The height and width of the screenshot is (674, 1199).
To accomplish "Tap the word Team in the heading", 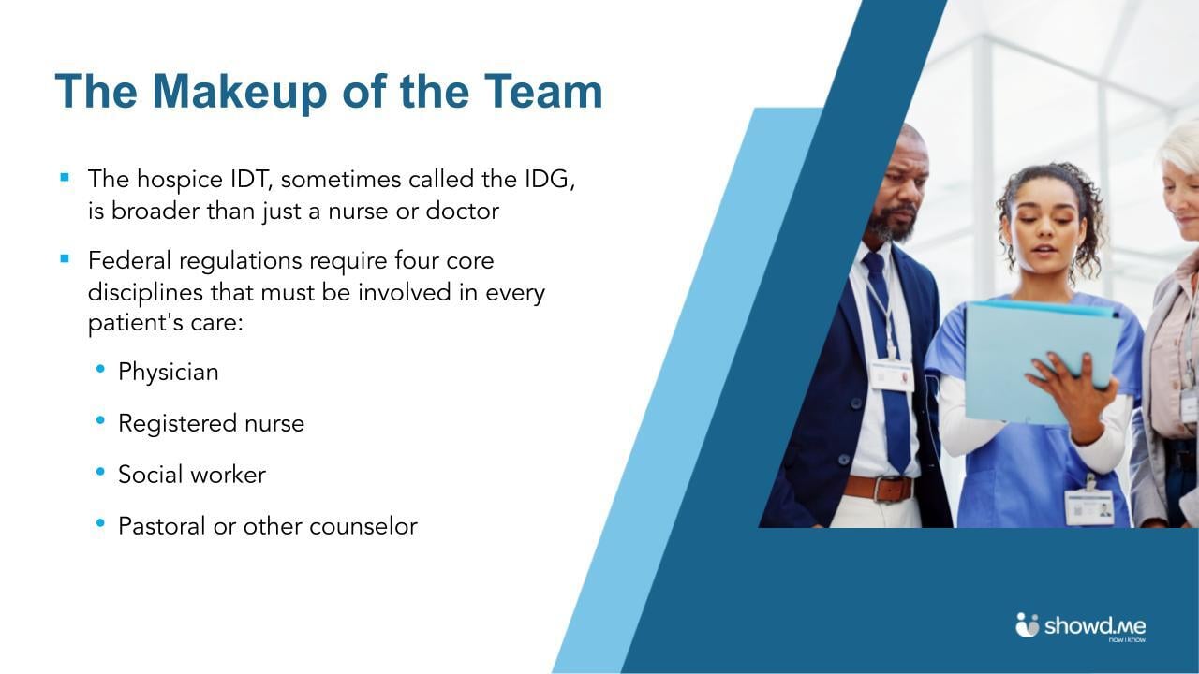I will pyautogui.click(x=543, y=92).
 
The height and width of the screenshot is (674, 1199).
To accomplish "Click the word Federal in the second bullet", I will pyautogui.click(x=130, y=259).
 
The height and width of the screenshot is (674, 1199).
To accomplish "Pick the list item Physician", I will pyautogui.click(x=169, y=372).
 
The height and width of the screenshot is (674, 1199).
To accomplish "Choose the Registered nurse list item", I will pyautogui.click(x=211, y=423).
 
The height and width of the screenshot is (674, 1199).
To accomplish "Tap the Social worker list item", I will pyautogui.click(x=192, y=475).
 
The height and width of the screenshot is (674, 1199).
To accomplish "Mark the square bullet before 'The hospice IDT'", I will pyautogui.click(x=65, y=176).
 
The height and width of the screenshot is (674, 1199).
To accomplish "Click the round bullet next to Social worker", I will pyautogui.click(x=100, y=472).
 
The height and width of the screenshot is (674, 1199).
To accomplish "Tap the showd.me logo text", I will pyautogui.click(x=1095, y=625).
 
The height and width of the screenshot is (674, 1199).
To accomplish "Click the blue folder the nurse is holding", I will pyautogui.click(x=1040, y=360).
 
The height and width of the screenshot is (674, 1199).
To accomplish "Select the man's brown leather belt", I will pyautogui.click(x=878, y=488).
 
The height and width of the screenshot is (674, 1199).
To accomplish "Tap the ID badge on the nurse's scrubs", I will pyautogui.click(x=1089, y=506).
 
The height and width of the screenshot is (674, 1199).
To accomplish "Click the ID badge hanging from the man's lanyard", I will pyautogui.click(x=891, y=375).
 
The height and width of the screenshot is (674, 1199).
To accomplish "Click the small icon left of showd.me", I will pyautogui.click(x=1028, y=624).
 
